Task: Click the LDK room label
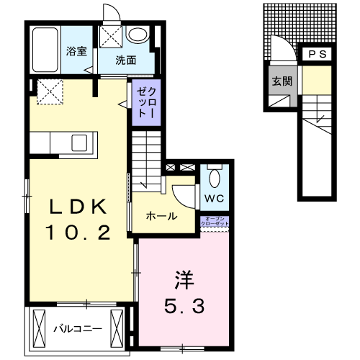pyautogui.click(x=78, y=207)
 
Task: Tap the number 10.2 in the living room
pyautogui.click(x=78, y=233)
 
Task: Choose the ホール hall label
pyautogui.click(x=161, y=216)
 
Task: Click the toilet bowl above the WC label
pyautogui.click(x=214, y=177)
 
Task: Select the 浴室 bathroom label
pyautogui.click(x=76, y=52)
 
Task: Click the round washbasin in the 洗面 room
pyautogui.click(x=137, y=35)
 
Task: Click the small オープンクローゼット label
pyautogui.click(x=217, y=222)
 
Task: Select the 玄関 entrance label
pyautogui.click(x=282, y=81)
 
